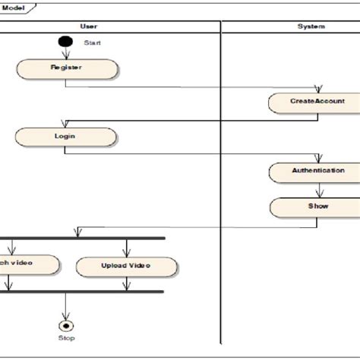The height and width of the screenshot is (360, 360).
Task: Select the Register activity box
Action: coord(67,68)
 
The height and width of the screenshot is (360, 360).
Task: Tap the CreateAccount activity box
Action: coord(317,101)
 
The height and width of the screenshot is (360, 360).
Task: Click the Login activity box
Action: coord(65,137)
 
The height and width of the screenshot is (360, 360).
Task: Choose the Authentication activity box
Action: coord(317,171)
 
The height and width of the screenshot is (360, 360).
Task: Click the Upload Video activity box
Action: coord(126,266)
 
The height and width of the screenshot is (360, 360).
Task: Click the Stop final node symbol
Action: coord(67,325)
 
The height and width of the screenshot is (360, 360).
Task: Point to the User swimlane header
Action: coord(88,27)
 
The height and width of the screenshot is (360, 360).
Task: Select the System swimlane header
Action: coord(311,27)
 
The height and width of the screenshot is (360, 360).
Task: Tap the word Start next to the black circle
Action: coord(92,43)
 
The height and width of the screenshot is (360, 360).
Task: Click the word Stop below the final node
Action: coord(67,338)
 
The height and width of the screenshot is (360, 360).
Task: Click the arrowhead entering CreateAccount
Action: coord(317,90)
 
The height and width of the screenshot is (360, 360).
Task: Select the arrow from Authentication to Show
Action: coord(317,190)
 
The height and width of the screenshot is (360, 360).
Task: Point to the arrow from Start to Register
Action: coord(67,53)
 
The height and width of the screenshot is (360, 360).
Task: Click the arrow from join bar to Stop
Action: coord(67,306)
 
